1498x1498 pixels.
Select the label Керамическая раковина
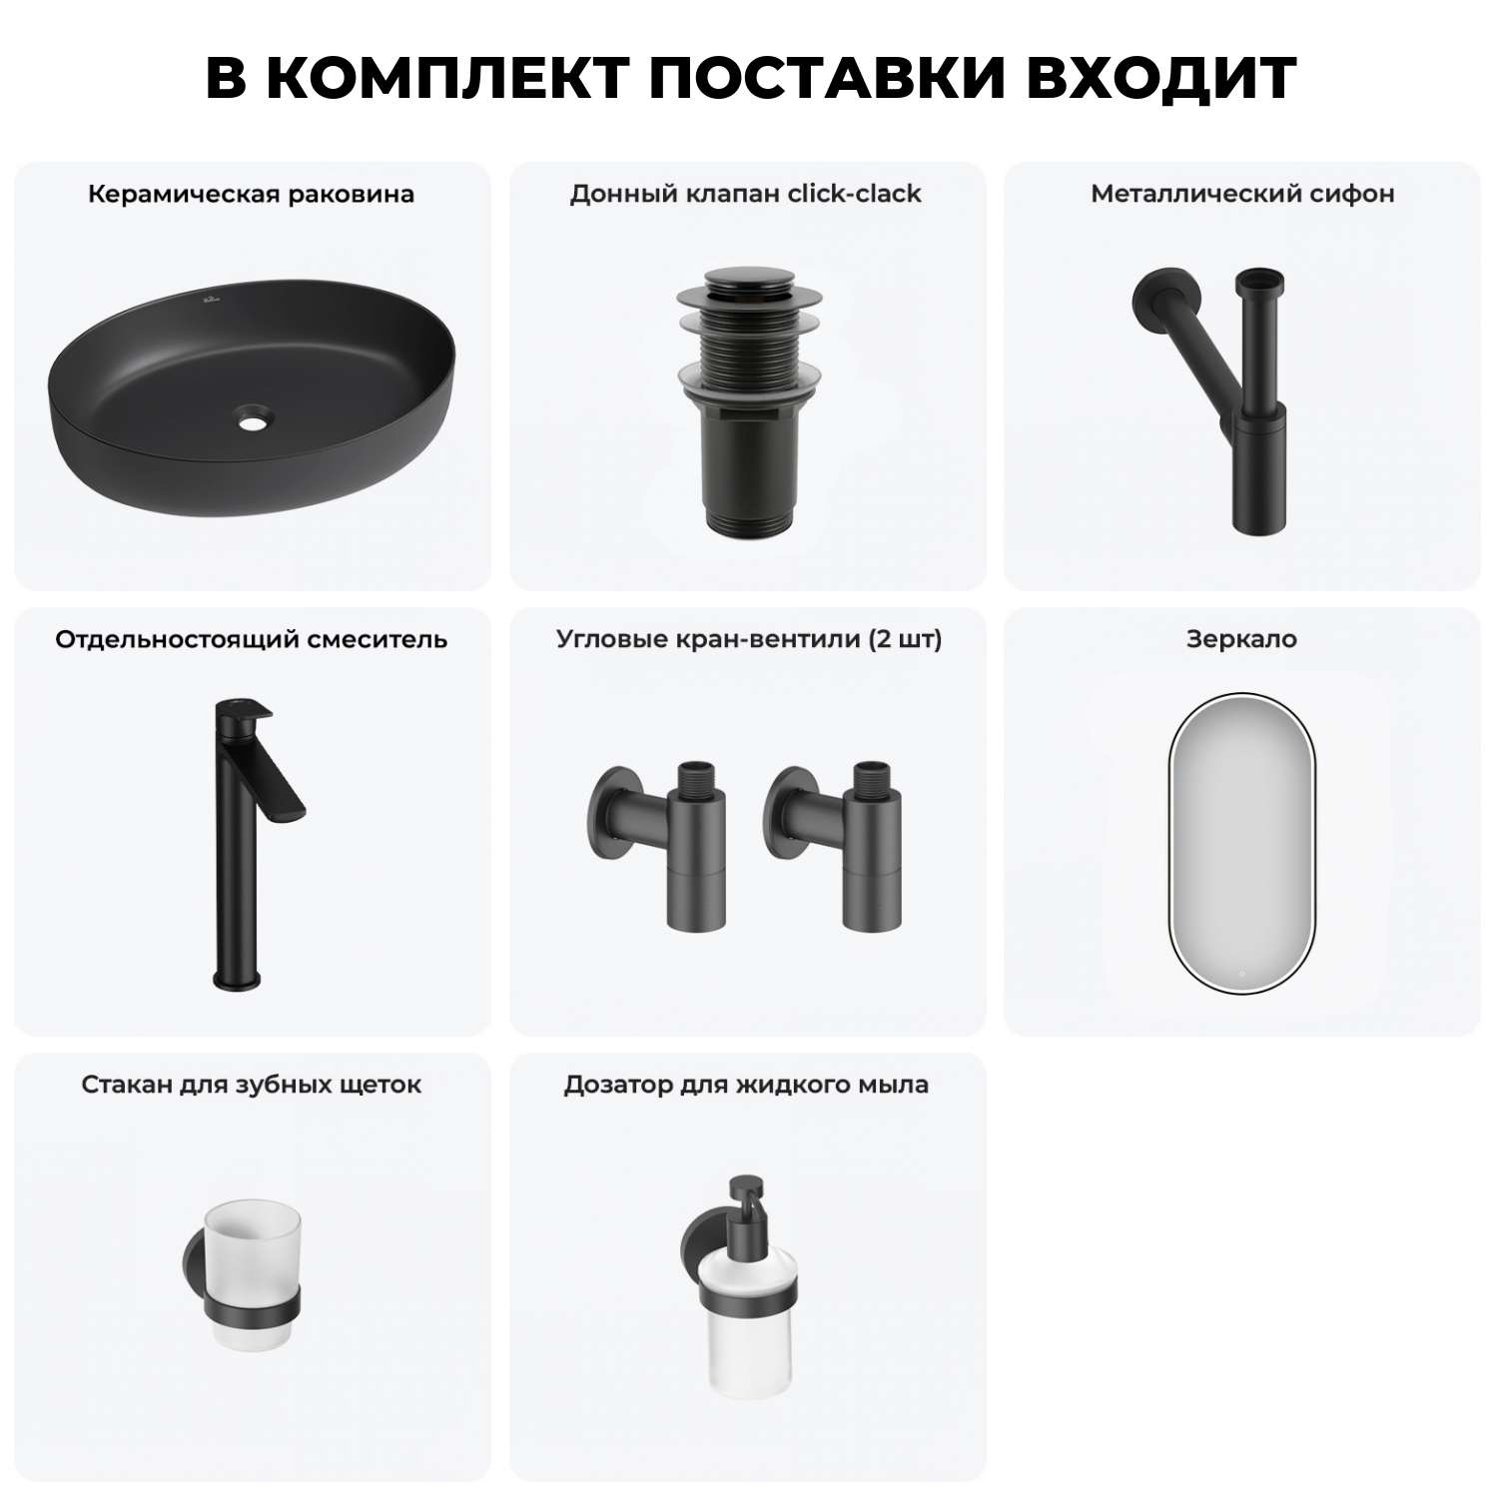(x=251, y=194)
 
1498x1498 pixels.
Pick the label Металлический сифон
(x=1242, y=194)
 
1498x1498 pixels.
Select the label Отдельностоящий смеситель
(x=251, y=639)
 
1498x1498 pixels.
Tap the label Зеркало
(x=1241, y=639)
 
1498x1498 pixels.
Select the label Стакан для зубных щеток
(x=251, y=1085)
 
